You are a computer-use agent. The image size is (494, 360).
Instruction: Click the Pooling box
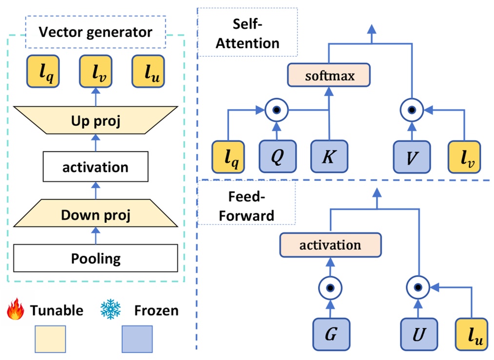click(x=96, y=258)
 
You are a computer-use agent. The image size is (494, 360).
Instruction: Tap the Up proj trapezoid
click(x=96, y=120)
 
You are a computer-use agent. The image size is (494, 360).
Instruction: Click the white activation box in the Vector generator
click(x=96, y=167)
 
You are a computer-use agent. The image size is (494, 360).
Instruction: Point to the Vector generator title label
click(x=96, y=33)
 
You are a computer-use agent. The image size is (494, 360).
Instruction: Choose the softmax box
click(x=328, y=77)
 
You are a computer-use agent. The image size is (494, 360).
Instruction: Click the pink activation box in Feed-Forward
click(x=330, y=245)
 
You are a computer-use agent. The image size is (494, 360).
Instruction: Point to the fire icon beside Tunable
click(x=16, y=310)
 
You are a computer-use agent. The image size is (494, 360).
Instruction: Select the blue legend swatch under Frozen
click(x=137, y=339)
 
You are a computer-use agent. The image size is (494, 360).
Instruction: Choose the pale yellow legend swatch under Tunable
click(x=50, y=339)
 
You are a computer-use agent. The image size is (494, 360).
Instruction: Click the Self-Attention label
click(x=247, y=34)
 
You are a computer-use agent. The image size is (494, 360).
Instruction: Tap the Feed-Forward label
click(x=247, y=205)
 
